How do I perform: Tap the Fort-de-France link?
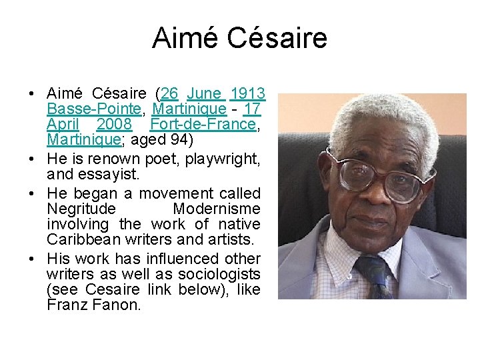[x=203, y=125]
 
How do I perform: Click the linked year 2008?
[x=114, y=125]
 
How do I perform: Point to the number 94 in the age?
[x=173, y=141]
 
